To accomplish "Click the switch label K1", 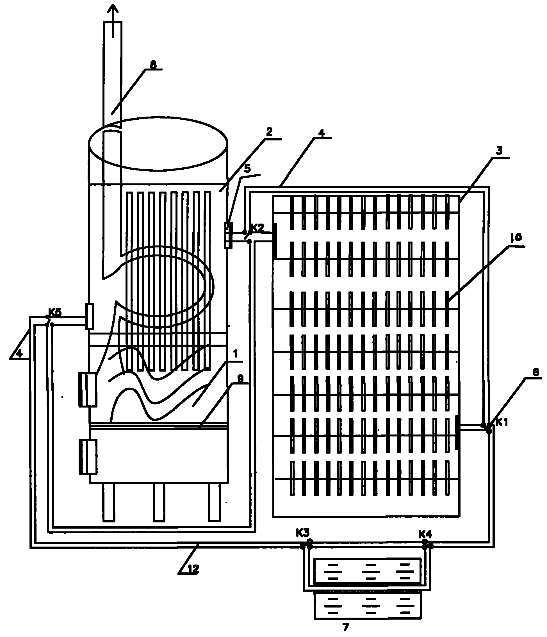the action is coord(502,423).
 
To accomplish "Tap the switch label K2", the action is coord(257,228).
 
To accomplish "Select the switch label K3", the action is coord(303,533).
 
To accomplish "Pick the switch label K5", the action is coord(55,312).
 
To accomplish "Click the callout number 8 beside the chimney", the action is coord(153,65).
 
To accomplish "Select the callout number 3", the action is coord(499,151).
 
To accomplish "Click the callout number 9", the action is coord(240,379).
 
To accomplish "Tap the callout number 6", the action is coord(536,372).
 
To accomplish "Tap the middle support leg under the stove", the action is coord(159,502).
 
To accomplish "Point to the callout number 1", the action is coord(235,354).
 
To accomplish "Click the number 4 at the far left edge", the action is coord(19,354).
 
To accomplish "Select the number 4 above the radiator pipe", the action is coord(321,133).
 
